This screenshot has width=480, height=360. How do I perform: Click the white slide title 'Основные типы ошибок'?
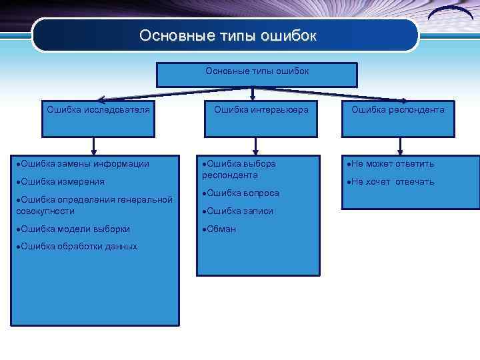click(227, 35)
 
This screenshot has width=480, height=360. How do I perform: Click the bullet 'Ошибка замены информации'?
click(83, 163)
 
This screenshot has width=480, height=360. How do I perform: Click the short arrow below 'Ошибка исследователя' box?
click(94, 145)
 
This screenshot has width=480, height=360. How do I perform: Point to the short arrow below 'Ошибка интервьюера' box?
click(254, 145)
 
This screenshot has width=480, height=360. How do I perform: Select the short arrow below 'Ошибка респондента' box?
click(399, 145)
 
